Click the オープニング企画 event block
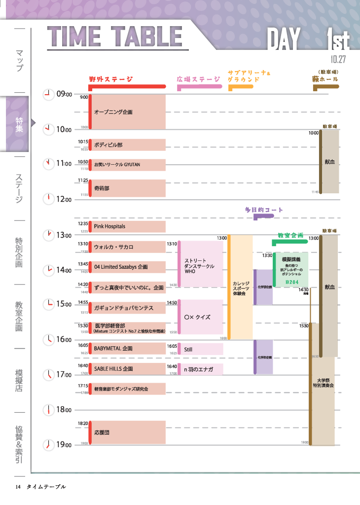[127, 112]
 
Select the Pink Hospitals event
[127, 226]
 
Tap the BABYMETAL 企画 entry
[127, 349]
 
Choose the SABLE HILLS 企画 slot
[127, 369]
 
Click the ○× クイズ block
[200, 317]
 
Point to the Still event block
[200, 349]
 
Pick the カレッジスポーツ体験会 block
[240, 288]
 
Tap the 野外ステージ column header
[111, 79]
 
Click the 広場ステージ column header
[198, 79]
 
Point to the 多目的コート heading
[264, 210]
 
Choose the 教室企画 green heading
[290, 235]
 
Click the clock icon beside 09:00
[49, 94]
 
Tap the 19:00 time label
[64, 445]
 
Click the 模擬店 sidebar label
[19, 380]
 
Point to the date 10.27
[338, 59]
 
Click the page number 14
[18, 487]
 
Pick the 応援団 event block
[127, 433]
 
